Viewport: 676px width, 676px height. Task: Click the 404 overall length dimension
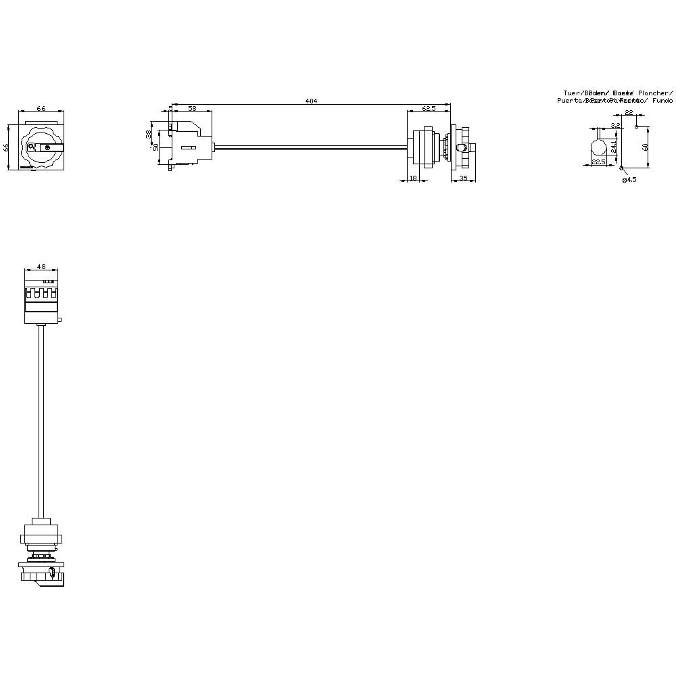point(311,101)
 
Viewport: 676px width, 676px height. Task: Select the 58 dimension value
point(192,108)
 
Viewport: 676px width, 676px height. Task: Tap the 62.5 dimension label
point(428,108)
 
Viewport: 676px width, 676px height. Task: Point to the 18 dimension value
point(413,178)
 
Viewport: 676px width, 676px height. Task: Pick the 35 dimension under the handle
point(464,178)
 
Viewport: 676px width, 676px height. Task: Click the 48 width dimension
point(41,266)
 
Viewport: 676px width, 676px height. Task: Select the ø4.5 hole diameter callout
point(629,179)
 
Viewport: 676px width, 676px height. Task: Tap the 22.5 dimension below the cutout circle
point(598,162)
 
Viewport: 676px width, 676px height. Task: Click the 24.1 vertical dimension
point(614,145)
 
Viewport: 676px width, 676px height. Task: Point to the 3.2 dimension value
point(615,125)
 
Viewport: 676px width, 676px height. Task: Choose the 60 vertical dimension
point(645,146)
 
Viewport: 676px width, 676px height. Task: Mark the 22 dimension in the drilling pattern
point(629,113)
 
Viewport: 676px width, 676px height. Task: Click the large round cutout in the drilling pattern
point(598,147)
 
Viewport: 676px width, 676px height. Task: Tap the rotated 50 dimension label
point(156,147)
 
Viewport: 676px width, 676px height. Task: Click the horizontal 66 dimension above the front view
point(41,108)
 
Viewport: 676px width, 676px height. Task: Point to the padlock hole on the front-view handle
point(47,147)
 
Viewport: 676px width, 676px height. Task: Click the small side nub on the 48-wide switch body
point(60,320)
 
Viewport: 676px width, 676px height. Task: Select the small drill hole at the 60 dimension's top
point(637,126)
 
